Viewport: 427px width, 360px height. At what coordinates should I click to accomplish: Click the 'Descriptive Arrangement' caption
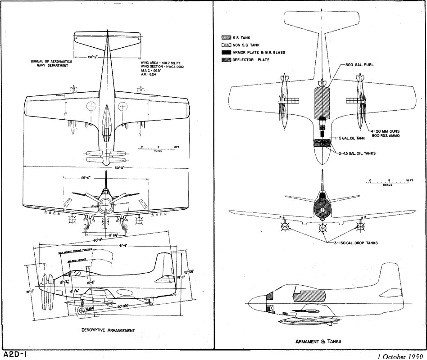click(108, 330)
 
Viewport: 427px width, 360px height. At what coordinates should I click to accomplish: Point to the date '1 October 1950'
click(402, 356)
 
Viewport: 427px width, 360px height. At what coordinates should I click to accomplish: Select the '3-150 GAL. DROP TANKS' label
click(356, 243)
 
